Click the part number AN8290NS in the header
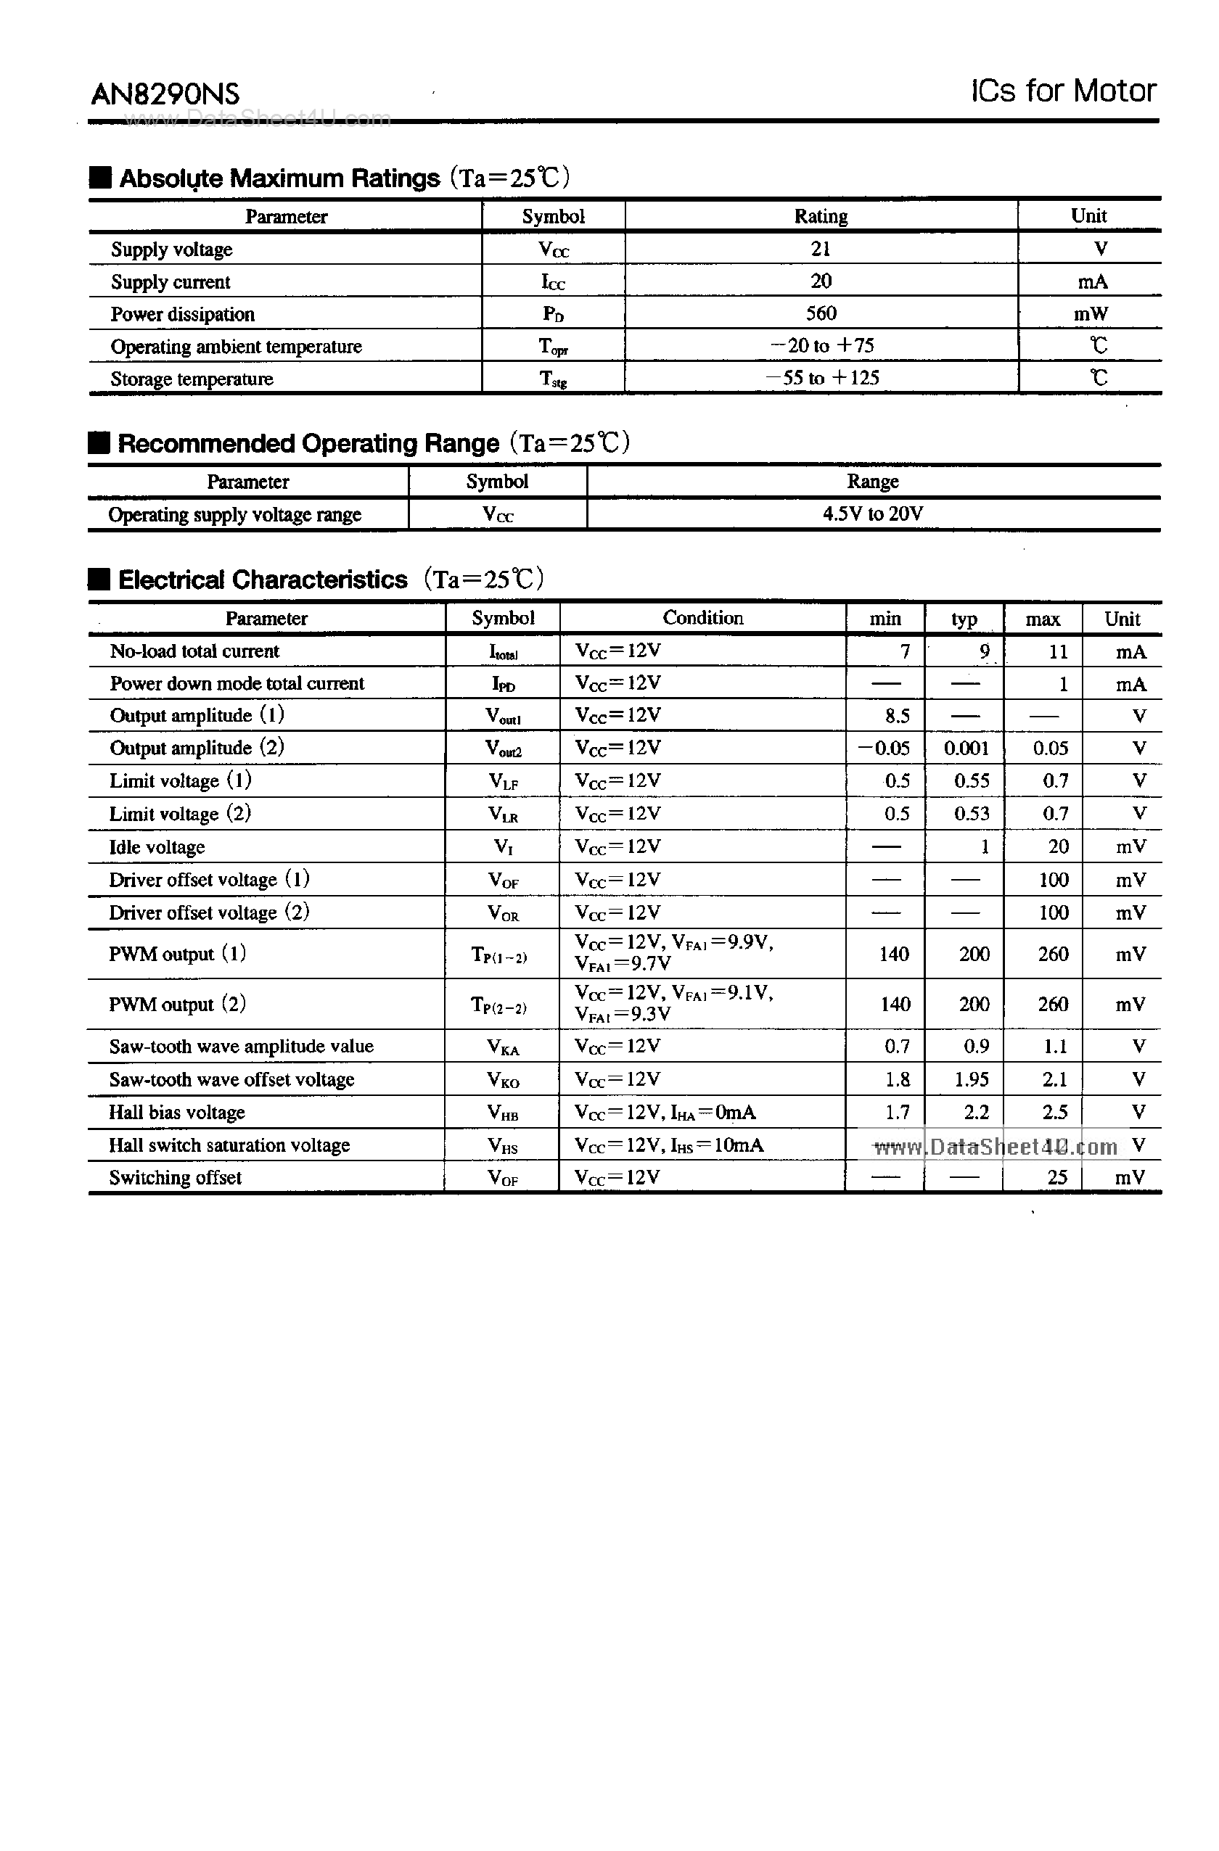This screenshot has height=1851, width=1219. [x=165, y=95]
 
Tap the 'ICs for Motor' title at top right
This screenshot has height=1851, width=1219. [x=1063, y=91]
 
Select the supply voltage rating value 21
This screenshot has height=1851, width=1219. [x=821, y=249]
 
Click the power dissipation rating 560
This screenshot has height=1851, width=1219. [x=821, y=313]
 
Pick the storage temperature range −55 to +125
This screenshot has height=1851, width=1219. [x=823, y=378]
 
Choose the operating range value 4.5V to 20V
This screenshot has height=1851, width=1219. [x=873, y=514]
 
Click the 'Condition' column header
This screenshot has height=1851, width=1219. [x=702, y=618]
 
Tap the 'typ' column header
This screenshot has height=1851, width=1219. [x=964, y=619]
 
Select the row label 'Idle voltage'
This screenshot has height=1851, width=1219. [x=157, y=847]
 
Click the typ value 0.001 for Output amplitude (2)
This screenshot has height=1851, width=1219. [x=966, y=749]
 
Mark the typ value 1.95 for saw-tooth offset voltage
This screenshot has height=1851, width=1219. [x=972, y=1079]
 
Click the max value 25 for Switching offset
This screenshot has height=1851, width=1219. [x=1056, y=1177]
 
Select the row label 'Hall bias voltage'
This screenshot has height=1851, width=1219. [x=176, y=1113]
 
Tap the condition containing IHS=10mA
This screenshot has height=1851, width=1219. [x=668, y=1145]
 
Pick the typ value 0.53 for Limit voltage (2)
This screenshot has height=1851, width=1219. [x=972, y=814]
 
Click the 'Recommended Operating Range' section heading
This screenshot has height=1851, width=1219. [x=308, y=443]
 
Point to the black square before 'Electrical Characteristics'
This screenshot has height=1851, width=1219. [x=99, y=580]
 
